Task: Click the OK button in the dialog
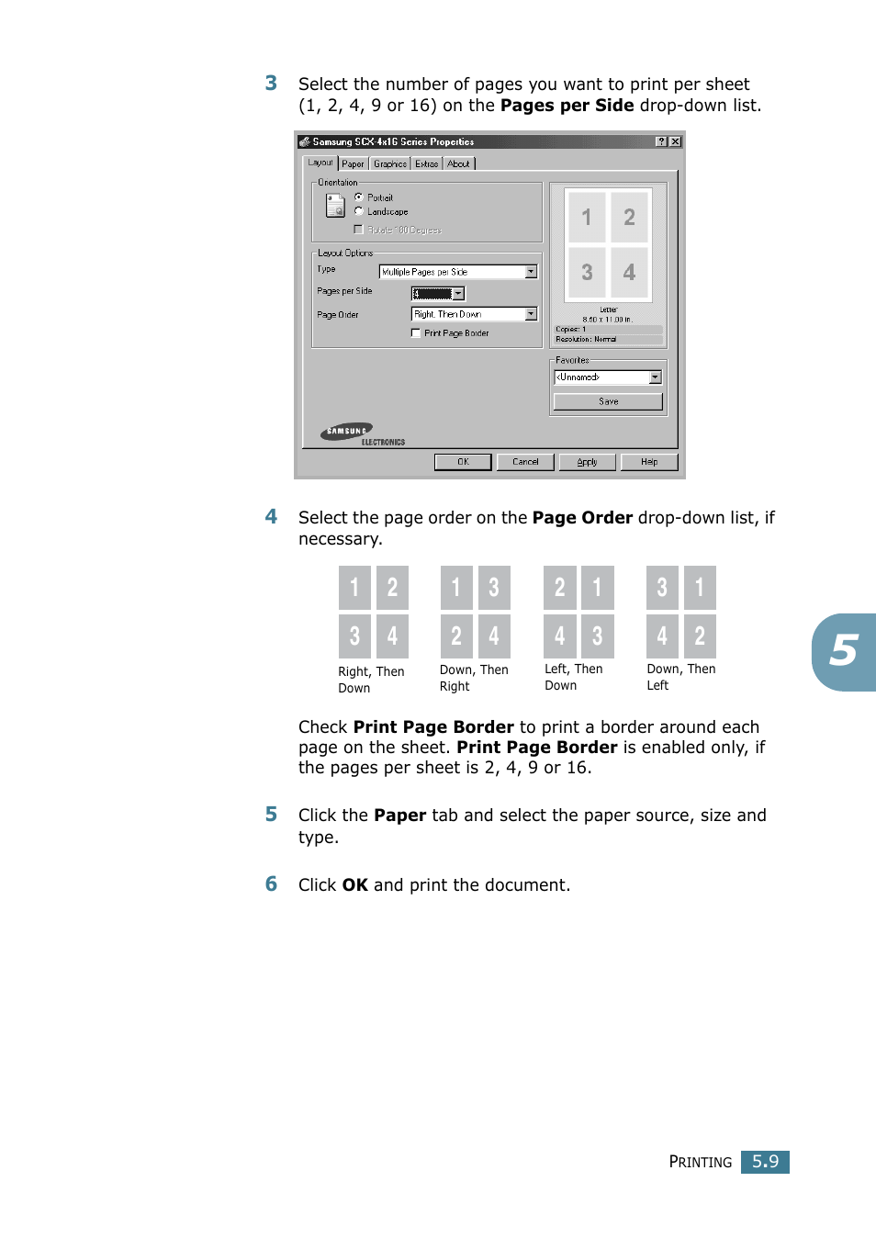pyautogui.click(x=463, y=462)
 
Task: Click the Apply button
pyautogui.click(x=587, y=462)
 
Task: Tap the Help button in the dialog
pyautogui.click(x=649, y=462)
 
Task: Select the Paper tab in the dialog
pyautogui.click(x=353, y=164)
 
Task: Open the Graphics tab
pyautogui.click(x=390, y=164)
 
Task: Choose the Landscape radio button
pyautogui.click(x=359, y=211)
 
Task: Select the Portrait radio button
pyautogui.click(x=359, y=197)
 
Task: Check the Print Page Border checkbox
pyautogui.click(x=416, y=333)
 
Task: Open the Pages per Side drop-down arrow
pyautogui.click(x=458, y=294)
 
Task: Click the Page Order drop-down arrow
pyautogui.click(x=531, y=314)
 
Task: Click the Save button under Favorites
pyautogui.click(x=608, y=401)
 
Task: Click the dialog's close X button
pyautogui.click(x=676, y=141)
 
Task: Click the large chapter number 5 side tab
pyautogui.click(x=844, y=651)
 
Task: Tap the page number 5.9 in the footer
pyautogui.click(x=765, y=1162)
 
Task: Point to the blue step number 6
pyautogui.click(x=271, y=884)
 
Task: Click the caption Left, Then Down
pyautogui.click(x=573, y=677)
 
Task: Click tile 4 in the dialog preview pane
pyautogui.click(x=629, y=272)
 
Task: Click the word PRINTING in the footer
pyautogui.click(x=700, y=1162)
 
